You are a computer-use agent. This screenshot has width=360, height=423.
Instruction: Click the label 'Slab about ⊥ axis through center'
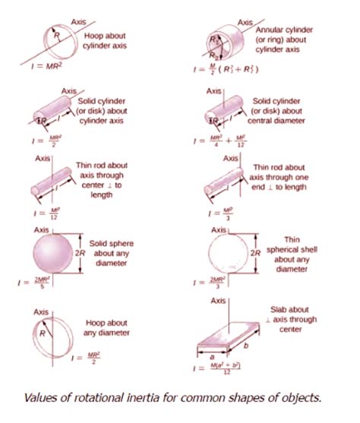tap(289, 320)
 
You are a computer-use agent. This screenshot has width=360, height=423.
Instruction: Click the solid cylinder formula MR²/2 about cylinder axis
tap(47, 139)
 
